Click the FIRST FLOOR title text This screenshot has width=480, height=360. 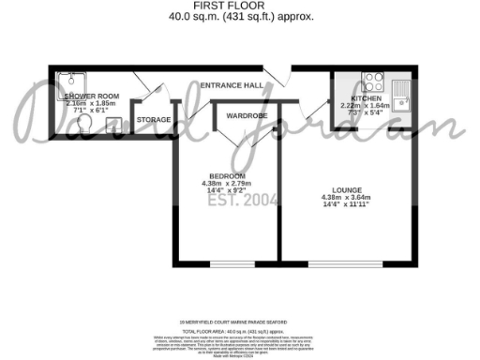point(240,6)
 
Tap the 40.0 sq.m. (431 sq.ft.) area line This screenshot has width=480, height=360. point(240,17)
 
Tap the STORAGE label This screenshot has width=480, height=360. point(153,120)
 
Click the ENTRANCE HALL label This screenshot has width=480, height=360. point(231,85)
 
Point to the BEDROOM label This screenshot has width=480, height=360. point(228,175)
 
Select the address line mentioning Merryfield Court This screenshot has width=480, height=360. point(240,320)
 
